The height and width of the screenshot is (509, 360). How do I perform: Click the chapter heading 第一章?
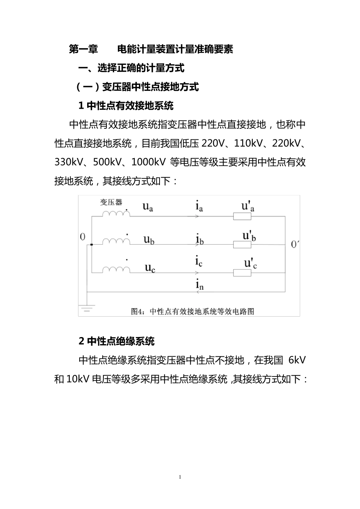(83, 49)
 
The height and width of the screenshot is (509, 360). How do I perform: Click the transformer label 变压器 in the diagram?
(111, 202)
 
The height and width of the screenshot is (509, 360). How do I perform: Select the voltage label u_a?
(148, 207)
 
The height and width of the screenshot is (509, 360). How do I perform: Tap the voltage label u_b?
(149, 240)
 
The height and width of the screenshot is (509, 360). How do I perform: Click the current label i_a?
(199, 207)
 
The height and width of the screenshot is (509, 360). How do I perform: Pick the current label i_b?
(200, 240)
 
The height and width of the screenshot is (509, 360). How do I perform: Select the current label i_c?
(199, 262)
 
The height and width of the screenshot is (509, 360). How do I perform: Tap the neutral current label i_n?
(200, 285)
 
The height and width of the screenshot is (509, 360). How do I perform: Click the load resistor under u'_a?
(242, 217)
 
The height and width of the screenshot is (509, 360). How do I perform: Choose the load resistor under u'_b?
(242, 245)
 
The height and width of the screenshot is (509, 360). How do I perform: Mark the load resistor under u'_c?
(242, 273)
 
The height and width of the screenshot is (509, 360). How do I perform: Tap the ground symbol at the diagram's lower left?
(87, 308)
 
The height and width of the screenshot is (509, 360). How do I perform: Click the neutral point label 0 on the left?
(83, 237)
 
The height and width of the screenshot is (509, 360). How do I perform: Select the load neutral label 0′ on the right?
(295, 245)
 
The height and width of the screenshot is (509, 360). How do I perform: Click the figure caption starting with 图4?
(193, 311)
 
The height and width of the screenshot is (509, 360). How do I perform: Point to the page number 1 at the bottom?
(180, 477)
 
